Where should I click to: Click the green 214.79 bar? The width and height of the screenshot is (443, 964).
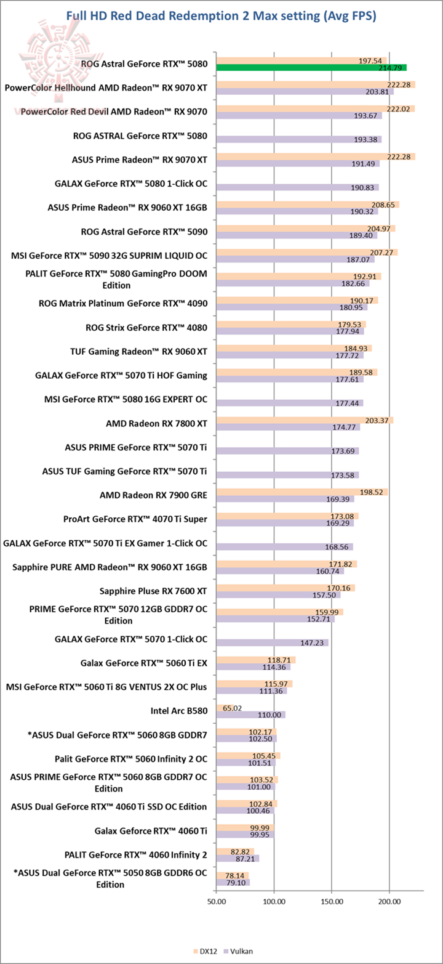[311, 68]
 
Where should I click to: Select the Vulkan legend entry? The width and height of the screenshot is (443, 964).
[239, 951]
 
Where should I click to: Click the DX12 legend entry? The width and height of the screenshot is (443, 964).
[206, 951]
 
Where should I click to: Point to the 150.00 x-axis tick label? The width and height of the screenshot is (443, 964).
[331, 901]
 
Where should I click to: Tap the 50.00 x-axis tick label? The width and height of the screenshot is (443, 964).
[217, 901]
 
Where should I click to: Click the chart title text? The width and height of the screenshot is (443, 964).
[221, 16]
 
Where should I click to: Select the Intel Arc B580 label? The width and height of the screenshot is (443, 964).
[179, 711]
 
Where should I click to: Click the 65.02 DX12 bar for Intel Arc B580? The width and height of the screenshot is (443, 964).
[220, 708]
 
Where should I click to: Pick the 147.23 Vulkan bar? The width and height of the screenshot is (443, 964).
[273, 642]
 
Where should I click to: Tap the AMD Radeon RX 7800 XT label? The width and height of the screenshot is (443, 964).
[156, 423]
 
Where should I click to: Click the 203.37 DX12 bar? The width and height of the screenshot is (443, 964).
[305, 420]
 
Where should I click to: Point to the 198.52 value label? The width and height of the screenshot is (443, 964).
[371, 492]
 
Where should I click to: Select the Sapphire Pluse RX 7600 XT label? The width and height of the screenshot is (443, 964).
[153, 591]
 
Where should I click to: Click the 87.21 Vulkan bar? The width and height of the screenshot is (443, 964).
[237, 858]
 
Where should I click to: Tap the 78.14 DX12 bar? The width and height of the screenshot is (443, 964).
[233, 875]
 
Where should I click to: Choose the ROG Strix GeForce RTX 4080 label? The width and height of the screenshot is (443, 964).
[146, 328]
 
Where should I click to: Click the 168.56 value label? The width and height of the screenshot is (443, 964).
[337, 547]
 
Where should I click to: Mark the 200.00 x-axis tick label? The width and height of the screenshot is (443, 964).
[389, 901]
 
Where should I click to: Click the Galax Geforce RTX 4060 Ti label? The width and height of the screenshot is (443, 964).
[151, 830]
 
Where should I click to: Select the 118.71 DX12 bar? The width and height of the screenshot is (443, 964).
[256, 660]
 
